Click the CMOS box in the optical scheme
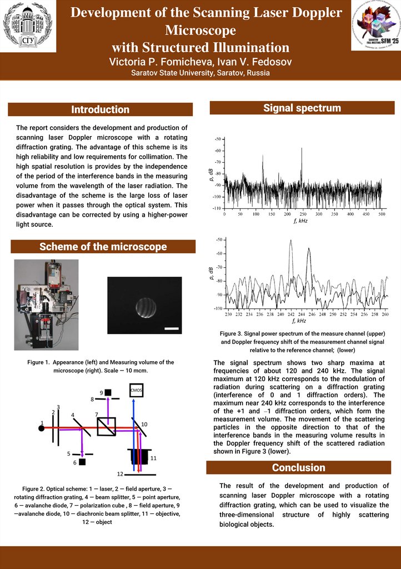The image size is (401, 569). [x=136, y=391]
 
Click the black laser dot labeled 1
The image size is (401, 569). [x=41, y=427]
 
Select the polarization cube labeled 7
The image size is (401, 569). [x=106, y=426]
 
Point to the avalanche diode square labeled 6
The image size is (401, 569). [x=82, y=462]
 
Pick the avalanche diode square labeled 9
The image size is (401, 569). [x=108, y=392]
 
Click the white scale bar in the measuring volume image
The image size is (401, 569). [x=173, y=328]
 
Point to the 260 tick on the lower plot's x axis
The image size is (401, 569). [x=385, y=315]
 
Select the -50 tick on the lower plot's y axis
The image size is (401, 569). [x=220, y=239]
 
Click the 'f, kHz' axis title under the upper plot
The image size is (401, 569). [x=300, y=221]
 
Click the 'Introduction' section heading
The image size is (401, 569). [x=101, y=109]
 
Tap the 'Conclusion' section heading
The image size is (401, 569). [x=299, y=467]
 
